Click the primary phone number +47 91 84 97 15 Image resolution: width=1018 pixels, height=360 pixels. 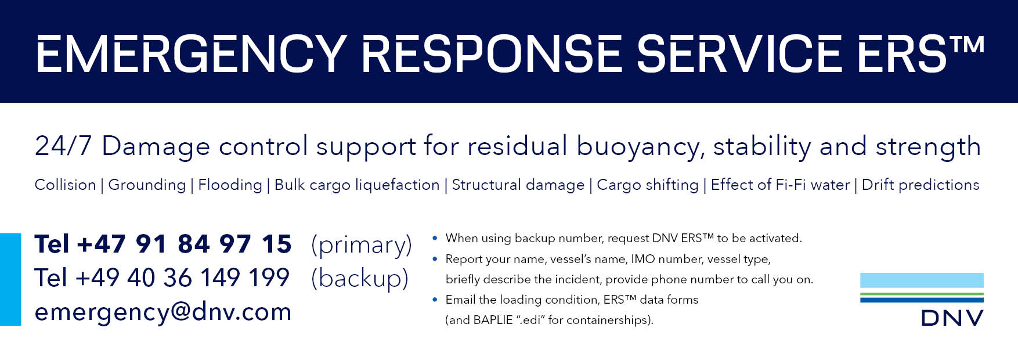tap(184, 244)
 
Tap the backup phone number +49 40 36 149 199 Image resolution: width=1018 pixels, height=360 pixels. tap(182, 278)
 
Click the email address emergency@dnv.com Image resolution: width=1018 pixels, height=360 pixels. tap(163, 312)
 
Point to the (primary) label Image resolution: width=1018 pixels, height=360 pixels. tap(362, 245)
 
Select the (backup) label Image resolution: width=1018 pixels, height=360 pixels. tap(360, 279)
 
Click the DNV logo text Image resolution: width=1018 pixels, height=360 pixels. tap(952, 318)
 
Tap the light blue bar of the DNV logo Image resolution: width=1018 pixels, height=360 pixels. tap(922, 280)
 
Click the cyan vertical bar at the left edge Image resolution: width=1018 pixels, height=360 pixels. tap(10, 279)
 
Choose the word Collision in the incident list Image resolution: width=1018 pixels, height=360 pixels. tap(65, 185)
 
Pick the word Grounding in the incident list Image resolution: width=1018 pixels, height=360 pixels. tap(147, 185)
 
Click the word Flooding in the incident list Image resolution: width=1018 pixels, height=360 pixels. tap(230, 185)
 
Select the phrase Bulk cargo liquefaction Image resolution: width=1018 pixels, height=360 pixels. tap(357, 185)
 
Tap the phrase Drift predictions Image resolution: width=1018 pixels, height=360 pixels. tap(920, 185)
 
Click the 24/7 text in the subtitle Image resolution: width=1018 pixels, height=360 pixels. tap(63, 146)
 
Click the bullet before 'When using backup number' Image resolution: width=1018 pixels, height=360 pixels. tap(435, 238)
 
